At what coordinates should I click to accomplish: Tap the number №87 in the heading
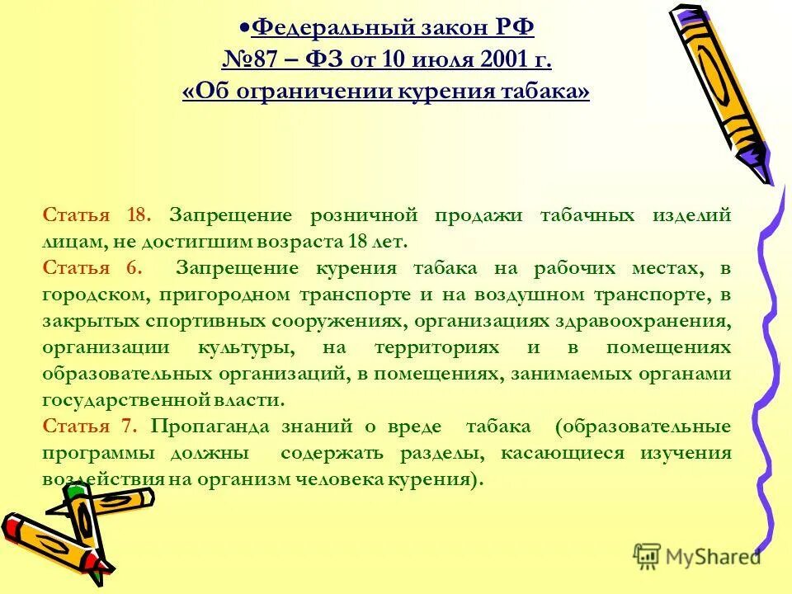(x=252, y=59)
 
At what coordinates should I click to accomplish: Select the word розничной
(x=361, y=215)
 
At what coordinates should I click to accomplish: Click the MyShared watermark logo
(x=697, y=556)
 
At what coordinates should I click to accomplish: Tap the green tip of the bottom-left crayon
(x=76, y=492)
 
